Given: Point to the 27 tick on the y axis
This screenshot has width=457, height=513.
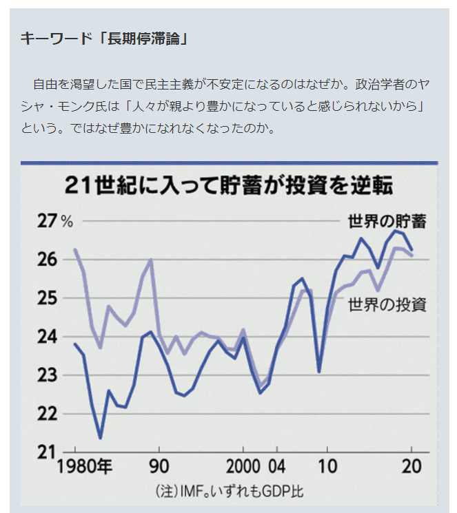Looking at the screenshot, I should coord(48,221).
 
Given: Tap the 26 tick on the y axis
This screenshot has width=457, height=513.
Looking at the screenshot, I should coord(48,260).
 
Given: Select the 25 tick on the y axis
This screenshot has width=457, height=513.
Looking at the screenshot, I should coord(48,298).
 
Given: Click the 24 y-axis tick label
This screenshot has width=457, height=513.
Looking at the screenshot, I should coord(48,337).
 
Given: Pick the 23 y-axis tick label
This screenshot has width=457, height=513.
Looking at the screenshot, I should coord(48,375).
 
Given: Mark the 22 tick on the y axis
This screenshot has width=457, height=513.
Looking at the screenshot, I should coord(48,414).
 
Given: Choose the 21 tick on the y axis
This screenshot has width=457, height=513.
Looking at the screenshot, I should coord(48,452).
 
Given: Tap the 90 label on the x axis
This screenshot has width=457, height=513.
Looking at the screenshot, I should coord(159,466).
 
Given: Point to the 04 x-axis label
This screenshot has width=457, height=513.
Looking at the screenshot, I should coord(277,466).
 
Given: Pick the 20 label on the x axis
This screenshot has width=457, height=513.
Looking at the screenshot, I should coord(412,466).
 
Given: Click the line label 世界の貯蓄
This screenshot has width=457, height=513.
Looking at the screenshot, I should coord(387,222).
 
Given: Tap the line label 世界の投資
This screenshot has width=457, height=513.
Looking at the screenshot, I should coord(387,304).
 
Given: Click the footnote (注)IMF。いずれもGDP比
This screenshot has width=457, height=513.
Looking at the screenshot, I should coord(228,492).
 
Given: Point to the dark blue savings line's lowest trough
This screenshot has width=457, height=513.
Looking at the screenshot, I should coord(101,437).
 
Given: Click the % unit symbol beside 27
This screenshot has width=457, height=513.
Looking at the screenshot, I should coord(67,222).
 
